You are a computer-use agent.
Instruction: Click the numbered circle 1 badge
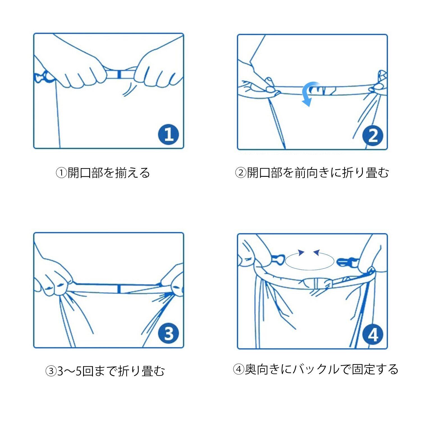tap(168, 134)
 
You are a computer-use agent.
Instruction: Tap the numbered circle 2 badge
tap(373, 136)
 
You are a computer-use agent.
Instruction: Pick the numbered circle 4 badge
tap(373, 335)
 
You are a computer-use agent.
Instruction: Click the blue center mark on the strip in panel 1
tap(119, 74)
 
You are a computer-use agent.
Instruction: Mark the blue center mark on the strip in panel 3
tap(119, 289)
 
